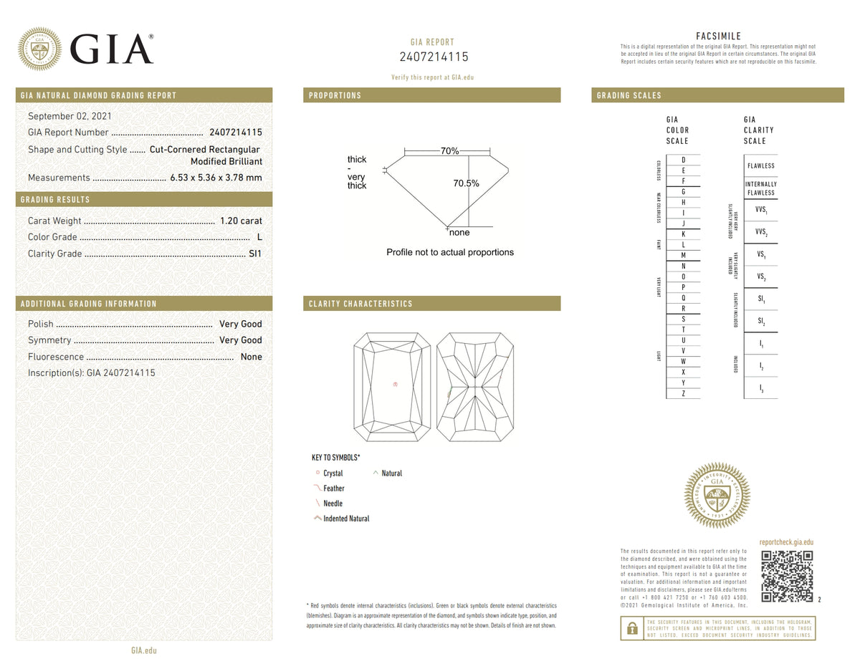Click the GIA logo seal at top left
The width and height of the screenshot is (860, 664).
click(39, 49)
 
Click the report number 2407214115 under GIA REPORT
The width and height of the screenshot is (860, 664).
click(433, 57)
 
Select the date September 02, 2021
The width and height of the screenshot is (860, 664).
click(70, 116)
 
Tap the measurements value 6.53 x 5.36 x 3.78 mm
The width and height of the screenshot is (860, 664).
click(216, 178)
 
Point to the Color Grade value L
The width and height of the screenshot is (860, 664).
click(259, 237)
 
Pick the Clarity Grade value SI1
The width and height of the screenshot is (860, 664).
click(255, 254)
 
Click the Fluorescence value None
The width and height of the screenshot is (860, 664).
click(251, 357)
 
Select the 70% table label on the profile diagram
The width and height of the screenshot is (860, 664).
click(449, 151)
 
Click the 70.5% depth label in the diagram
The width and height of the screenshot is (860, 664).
click(466, 183)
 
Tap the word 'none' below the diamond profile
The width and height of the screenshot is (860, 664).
click(459, 233)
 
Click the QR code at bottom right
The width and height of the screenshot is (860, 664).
click(786, 576)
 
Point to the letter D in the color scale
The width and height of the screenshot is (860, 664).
click(683, 160)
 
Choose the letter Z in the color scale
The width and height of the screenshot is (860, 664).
click(683, 393)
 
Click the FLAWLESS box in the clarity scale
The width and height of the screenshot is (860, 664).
click(760, 165)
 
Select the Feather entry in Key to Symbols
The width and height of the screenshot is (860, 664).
click(333, 489)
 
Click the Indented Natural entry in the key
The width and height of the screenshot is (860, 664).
click(345, 519)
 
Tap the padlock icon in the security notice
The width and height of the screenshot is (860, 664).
click(632, 628)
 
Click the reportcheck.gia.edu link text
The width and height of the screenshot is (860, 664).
click(785, 543)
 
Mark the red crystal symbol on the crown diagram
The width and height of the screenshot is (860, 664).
click(395, 385)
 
